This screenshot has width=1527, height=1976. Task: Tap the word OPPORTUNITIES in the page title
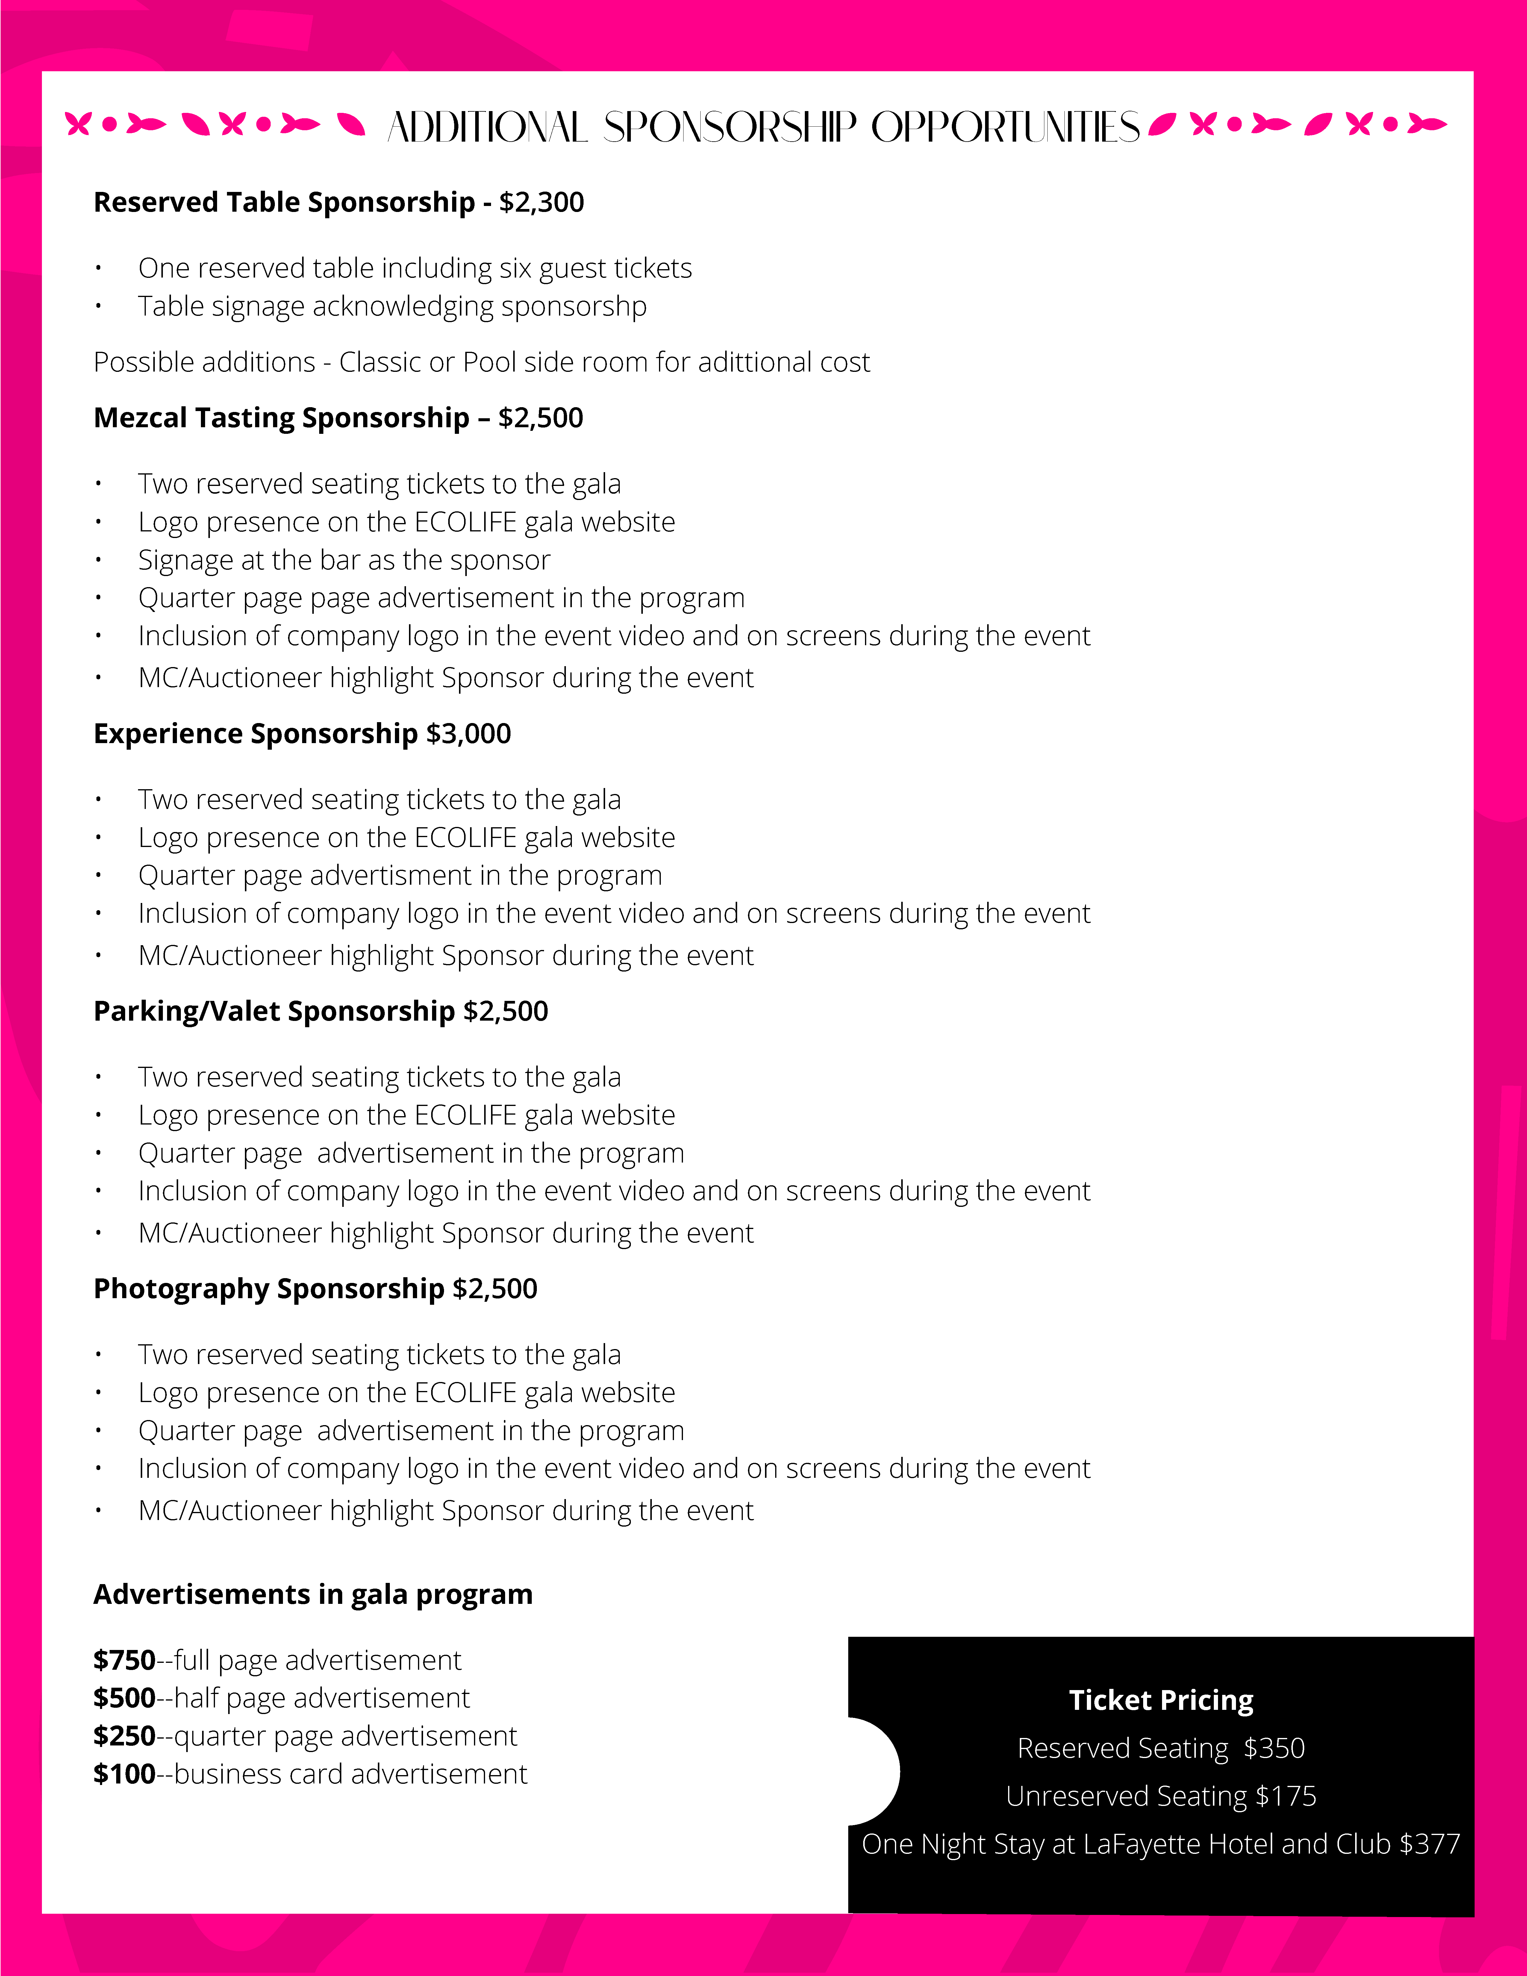pos(1004,128)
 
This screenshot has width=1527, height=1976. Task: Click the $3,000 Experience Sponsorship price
pos(469,734)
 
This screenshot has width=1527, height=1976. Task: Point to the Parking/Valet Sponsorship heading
pos(274,1012)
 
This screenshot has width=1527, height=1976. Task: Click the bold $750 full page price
pos(124,1660)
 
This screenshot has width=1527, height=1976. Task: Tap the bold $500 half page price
pos(124,1698)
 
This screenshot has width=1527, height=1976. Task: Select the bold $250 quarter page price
pos(124,1736)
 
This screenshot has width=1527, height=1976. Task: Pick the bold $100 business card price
pos(124,1774)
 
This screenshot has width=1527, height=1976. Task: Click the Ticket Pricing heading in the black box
pos(1161,1700)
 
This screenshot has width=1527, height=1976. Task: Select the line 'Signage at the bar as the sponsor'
pos(344,560)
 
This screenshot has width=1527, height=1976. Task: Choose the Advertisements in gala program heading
pos(313,1594)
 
